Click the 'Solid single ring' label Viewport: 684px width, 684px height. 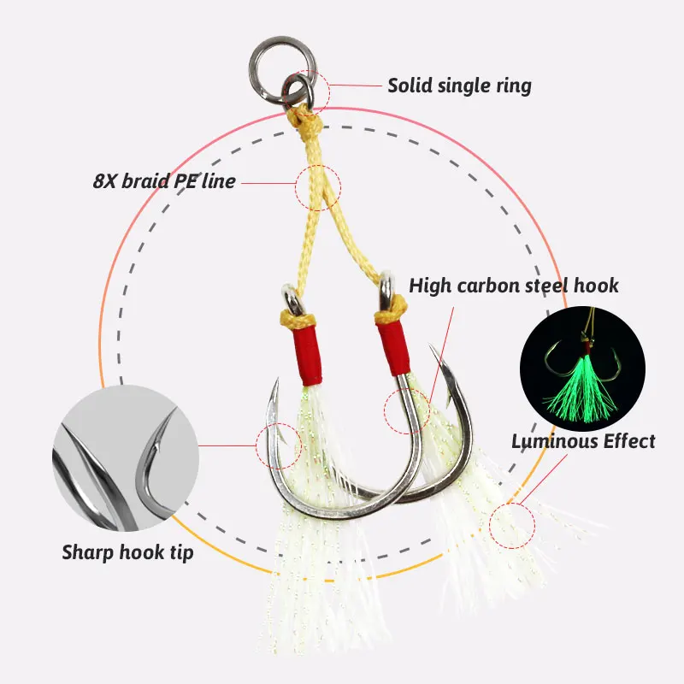point(460,85)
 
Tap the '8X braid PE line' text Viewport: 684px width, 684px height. point(164,181)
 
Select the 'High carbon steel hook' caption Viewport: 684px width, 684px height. point(514,286)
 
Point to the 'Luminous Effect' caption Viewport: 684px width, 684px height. point(583,441)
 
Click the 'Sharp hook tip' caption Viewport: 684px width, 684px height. point(127,552)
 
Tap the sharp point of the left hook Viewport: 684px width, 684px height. point(277,379)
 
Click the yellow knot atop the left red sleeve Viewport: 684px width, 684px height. point(297,319)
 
